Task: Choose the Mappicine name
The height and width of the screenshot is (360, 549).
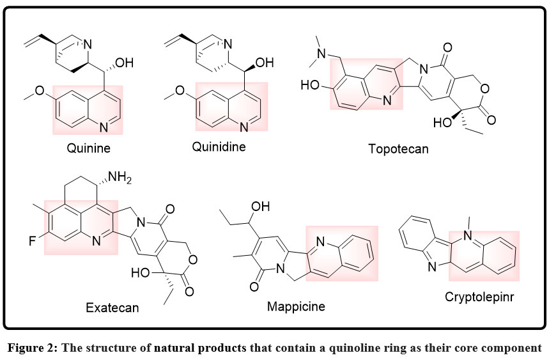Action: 296,306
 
